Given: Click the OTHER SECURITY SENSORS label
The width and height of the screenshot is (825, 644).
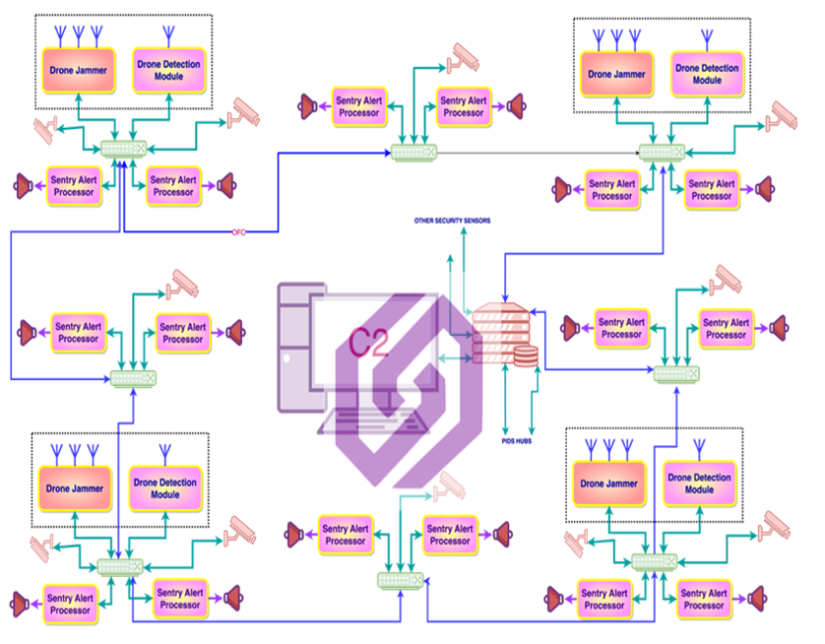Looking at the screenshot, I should coord(452,220).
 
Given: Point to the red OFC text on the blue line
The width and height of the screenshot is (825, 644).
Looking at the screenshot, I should coord(238,232).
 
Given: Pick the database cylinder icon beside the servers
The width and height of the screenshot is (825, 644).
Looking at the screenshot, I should coord(526,355).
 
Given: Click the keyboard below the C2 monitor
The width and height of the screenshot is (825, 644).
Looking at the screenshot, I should coord(373,420).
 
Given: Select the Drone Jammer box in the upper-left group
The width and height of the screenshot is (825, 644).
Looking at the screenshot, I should coord(72,70).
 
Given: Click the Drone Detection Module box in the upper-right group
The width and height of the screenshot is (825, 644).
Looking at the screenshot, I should coord(707,74).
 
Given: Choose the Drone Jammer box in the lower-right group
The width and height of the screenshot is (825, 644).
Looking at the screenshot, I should coord(608,483).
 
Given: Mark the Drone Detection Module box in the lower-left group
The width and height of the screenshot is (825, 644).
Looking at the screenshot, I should coord(166,487).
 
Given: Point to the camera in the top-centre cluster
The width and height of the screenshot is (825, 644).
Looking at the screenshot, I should coord(463,57).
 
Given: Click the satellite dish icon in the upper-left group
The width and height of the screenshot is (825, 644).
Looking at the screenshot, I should coord(46,127).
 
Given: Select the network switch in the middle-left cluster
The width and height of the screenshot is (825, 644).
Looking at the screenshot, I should coord(133,378).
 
